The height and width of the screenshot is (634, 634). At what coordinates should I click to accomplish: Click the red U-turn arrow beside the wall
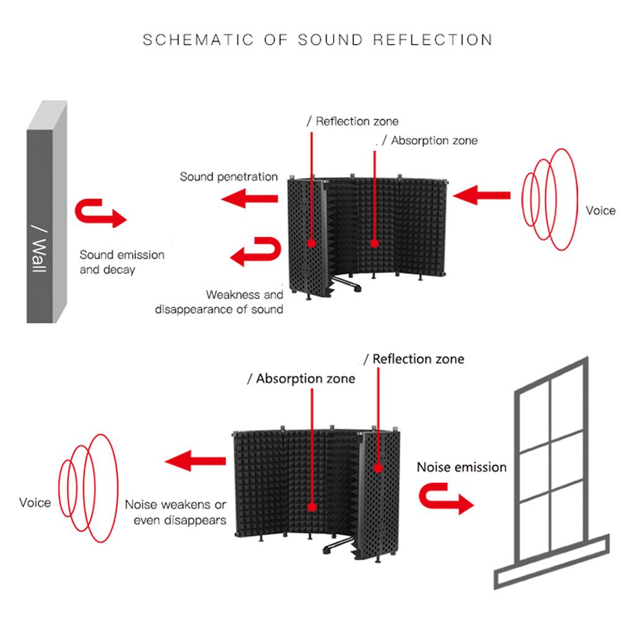click(x=100, y=214)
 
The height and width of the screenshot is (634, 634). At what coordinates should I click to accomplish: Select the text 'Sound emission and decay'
click(x=122, y=262)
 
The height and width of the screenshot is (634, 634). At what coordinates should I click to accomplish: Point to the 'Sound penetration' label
click(x=228, y=177)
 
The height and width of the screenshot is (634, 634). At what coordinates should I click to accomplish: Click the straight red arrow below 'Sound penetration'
click(x=250, y=199)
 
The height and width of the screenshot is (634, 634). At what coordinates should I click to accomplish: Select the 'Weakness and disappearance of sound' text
click(x=220, y=302)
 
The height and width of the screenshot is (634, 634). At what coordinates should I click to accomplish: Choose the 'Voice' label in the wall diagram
click(x=601, y=211)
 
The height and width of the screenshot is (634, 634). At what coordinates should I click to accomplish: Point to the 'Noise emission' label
click(x=461, y=467)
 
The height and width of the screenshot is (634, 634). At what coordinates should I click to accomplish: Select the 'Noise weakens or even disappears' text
click(x=176, y=512)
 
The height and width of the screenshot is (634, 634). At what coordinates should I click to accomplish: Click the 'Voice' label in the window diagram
click(x=35, y=502)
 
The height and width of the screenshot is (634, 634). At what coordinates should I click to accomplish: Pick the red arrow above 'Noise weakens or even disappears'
click(x=195, y=460)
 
